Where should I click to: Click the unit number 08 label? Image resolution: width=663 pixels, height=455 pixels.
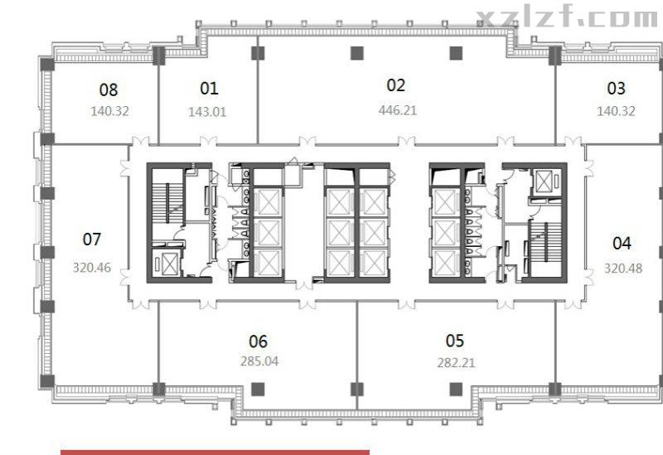(x=109, y=90)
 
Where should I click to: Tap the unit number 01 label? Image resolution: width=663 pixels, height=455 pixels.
(x=209, y=88)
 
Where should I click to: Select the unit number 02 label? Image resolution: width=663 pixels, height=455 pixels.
(x=396, y=85)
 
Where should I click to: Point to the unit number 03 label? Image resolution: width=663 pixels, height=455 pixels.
(x=616, y=88)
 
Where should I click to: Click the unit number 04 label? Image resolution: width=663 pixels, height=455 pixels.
(x=622, y=243)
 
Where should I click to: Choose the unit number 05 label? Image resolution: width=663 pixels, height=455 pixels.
(x=454, y=341)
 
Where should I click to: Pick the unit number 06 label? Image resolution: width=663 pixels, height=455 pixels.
(x=258, y=341)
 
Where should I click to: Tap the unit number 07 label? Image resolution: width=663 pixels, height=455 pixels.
(x=92, y=240)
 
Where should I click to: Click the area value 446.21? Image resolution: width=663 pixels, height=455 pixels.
(x=398, y=110)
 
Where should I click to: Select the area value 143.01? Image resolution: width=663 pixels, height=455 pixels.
(x=207, y=112)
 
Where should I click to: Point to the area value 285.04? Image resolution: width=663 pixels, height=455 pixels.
(x=259, y=361)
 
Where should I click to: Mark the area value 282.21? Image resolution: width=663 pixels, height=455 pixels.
(x=456, y=363)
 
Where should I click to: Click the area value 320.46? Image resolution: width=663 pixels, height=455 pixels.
(x=92, y=267)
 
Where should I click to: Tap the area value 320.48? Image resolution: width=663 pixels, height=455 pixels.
(x=623, y=268)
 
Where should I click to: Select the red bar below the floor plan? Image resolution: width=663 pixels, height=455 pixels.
(x=215, y=453)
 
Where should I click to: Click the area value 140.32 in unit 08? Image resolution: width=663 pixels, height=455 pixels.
(x=109, y=111)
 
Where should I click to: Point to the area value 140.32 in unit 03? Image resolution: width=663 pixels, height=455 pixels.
(x=616, y=111)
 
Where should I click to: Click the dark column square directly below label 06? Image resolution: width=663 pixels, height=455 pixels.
(x=258, y=390)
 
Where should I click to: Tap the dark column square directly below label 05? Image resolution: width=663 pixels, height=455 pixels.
(x=456, y=390)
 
